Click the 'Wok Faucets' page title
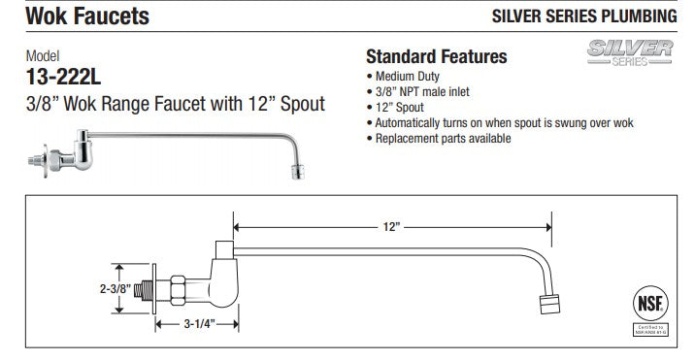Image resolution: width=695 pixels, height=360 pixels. tap(75, 16)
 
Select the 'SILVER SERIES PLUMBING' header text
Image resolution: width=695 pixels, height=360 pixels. tap(585, 16)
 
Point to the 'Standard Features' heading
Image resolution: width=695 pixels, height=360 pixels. tap(436, 57)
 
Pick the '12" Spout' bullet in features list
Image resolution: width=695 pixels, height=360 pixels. tap(398, 107)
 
